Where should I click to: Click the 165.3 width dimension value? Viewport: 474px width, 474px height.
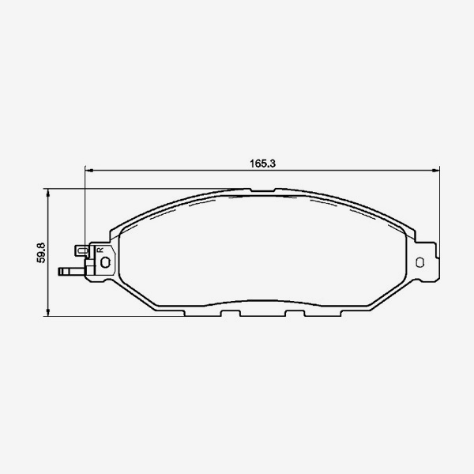click(x=261, y=163)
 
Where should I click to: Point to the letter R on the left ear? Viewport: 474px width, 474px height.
click(x=100, y=250)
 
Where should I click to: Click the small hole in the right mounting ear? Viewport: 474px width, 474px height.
click(x=421, y=261)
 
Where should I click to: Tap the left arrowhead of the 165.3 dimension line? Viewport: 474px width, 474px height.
click(x=88, y=170)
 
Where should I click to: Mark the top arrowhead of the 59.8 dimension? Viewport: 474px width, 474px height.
click(x=49, y=193)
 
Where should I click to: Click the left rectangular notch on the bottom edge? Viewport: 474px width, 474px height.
click(x=230, y=314)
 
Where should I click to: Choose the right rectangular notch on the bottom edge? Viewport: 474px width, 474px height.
click(x=294, y=314)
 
